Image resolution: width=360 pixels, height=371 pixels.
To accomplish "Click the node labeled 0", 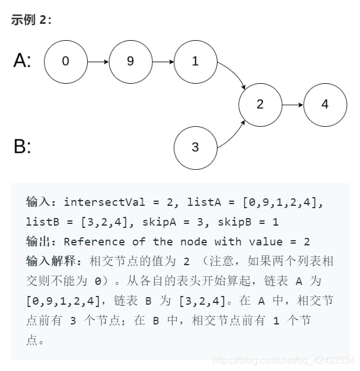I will [65, 60].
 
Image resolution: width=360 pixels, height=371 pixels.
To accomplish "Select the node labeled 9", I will [130, 60].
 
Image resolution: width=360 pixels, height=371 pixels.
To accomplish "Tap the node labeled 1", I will [195, 60].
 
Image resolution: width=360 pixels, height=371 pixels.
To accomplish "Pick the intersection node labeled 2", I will [260, 105].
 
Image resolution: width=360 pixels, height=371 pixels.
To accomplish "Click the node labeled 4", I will [325, 105].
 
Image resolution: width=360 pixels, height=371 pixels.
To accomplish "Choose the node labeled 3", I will [195, 147].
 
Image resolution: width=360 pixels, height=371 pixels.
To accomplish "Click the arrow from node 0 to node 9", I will [98, 60].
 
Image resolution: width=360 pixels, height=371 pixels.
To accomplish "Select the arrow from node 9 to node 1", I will [162, 60].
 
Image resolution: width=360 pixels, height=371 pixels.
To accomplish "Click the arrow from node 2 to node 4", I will [293, 105].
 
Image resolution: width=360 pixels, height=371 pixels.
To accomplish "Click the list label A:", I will [23, 60].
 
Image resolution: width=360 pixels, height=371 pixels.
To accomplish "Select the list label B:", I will [22, 147].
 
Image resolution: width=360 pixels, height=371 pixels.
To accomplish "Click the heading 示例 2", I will [31, 20].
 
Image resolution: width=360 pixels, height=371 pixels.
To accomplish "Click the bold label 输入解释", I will [45, 262].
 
